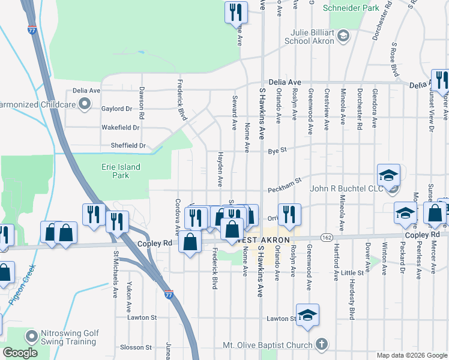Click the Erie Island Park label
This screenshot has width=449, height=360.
point(121,171)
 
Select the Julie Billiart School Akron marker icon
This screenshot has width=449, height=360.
point(343,36)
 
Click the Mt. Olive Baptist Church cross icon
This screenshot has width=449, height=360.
point(322,344)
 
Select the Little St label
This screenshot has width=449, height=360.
point(352,273)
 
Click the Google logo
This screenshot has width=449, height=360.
point(20,353)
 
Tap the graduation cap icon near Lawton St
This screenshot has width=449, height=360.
point(307,314)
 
